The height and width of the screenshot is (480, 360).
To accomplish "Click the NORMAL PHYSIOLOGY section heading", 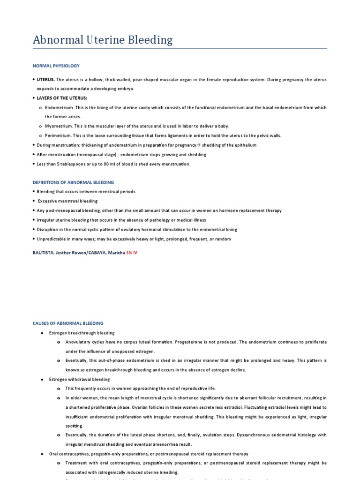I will click(x=56, y=66).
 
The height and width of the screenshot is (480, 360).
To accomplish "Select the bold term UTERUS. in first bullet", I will click(x=46, y=80).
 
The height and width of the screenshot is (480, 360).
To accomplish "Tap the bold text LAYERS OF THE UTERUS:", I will click(x=62, y=98).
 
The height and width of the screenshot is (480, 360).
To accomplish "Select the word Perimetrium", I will click(x=58, y=135).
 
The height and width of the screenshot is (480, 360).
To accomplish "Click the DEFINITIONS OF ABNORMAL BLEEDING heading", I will click(x=73, y=182).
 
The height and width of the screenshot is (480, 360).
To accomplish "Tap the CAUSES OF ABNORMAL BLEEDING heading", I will click(x=68, y=323).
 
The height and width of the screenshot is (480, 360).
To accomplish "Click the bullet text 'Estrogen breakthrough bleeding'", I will click(x=82, y=333).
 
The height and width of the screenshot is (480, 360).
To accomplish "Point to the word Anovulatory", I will click(x=78, y=342).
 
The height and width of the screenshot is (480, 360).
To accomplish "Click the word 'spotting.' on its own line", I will click(x=75, y=426).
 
